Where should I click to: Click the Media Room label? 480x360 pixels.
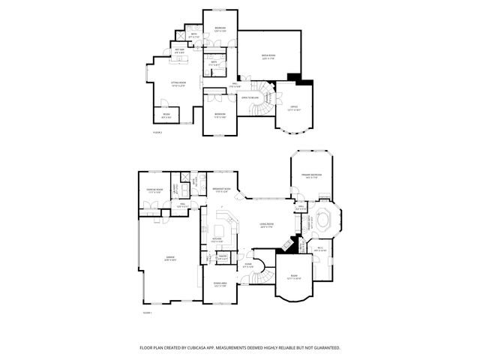point(267,56)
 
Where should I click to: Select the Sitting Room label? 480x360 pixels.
point(178,84)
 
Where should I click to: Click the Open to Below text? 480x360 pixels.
point(250,97)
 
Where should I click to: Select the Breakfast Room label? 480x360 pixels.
point(220,190)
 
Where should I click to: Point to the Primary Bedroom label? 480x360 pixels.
point(311,176)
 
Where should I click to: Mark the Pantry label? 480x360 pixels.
point(222,257)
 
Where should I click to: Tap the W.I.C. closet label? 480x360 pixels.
point(319,250)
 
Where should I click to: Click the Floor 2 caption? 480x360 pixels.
point(157,131)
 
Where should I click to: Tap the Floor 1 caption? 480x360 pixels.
point(147,313)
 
